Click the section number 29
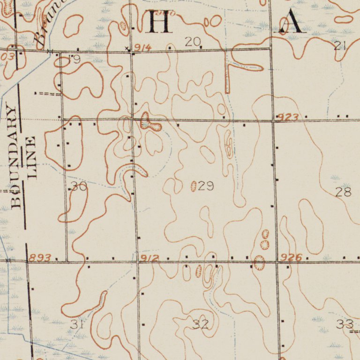[x=206, y=187]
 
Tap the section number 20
[x=192, y=42]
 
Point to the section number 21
[x=340, y=45]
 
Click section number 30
[x=78, y=187]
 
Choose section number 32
[x=201, y=324]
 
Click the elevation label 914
[x=142, y=48]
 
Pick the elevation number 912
[x=150, y=258]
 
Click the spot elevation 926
[x=292, y=257]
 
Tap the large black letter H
[x=158, y=21]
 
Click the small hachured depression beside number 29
[x=194, y=187]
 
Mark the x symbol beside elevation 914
[x=127, y=48]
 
